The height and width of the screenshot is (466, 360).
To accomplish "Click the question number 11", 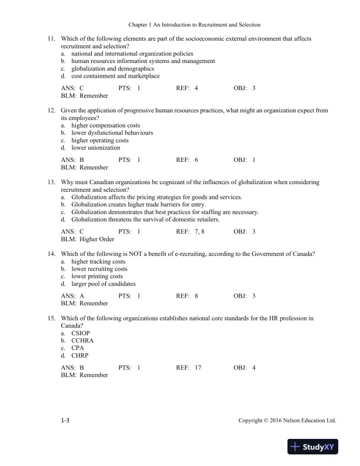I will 50,39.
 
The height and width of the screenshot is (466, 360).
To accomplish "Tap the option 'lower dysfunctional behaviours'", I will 112,133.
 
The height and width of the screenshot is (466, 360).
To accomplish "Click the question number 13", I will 50,182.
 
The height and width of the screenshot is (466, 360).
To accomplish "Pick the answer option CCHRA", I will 82,341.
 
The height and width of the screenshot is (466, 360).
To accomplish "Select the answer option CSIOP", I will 81,333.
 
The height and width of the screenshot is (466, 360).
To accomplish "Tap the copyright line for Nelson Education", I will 287,421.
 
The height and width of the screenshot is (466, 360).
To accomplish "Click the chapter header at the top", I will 194,25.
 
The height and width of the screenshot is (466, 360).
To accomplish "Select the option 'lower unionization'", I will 95,148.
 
